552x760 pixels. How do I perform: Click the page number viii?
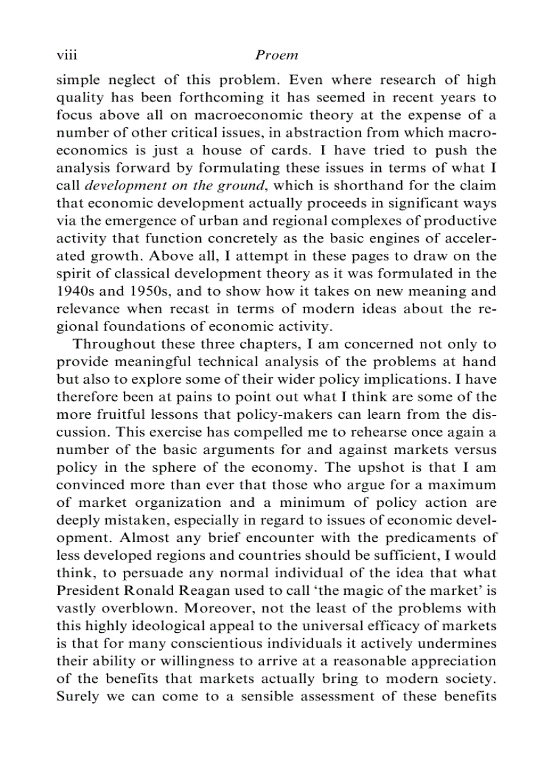[66, 55]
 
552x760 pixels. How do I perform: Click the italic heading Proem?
[277, 55]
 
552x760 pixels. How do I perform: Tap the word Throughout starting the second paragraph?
[110, 344]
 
